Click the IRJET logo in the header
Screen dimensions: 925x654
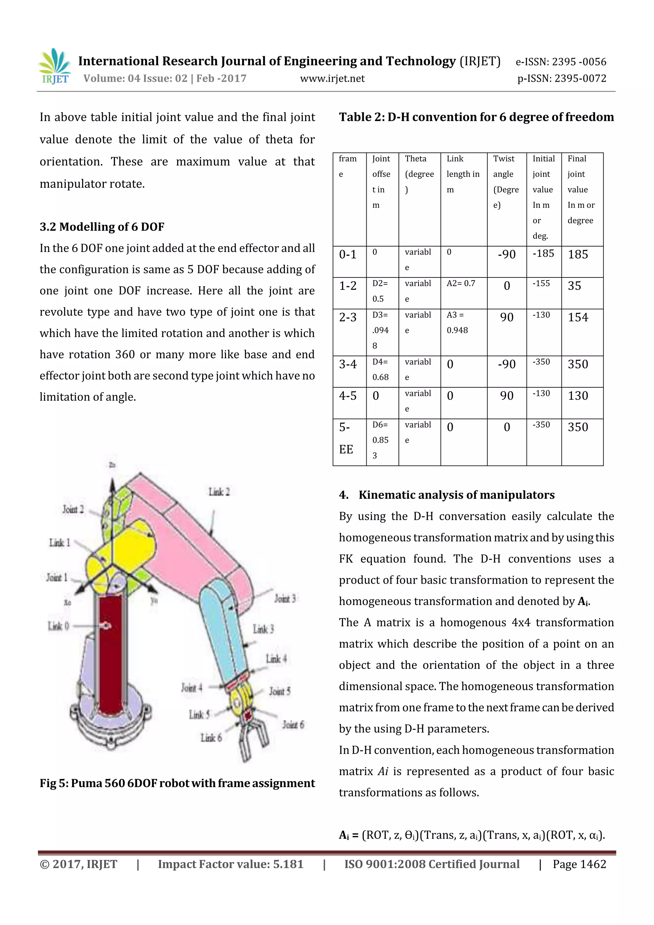point(55,66)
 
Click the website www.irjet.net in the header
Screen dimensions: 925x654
point(332,79)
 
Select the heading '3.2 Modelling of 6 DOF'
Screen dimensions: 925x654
point(102,227)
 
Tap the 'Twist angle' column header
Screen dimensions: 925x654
point(506,181)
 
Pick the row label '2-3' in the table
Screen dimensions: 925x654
point(348,317)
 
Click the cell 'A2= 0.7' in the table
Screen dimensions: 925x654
point(460,283)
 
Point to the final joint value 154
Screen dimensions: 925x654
point(578,317)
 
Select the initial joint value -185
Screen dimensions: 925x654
point(543,254)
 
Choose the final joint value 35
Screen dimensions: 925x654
point(574,286)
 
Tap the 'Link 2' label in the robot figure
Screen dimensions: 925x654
point(219,492)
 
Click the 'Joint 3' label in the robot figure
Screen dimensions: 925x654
point(285,598)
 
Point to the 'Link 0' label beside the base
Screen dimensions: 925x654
point(58,626)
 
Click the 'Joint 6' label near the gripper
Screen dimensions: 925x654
point(293,725)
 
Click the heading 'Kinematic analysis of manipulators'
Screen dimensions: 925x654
point(456,495)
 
